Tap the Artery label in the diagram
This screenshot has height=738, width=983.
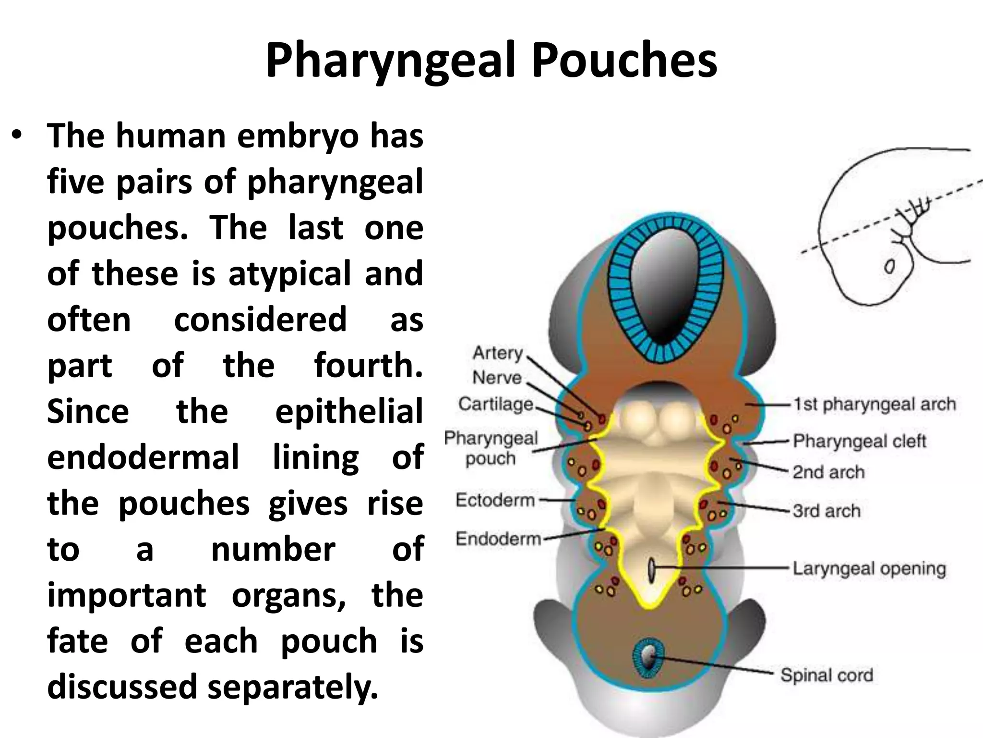point(497,353)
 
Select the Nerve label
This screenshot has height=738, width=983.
point(497,378)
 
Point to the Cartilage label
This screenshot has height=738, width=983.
point(495,404)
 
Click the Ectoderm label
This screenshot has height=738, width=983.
point(495,500)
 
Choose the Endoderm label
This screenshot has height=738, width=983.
point(498,539)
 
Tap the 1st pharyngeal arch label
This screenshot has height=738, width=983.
point(874,404)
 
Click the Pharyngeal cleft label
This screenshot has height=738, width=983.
point(859,441)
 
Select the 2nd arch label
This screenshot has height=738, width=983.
point(828,472)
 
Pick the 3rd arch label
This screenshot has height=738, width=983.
point(826,511)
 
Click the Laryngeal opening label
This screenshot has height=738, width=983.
point(869,568)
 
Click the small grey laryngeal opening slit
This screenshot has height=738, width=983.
point(651,570)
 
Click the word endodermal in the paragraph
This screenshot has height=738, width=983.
point(143,457)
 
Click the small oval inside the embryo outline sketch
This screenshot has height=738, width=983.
point(889,266)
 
